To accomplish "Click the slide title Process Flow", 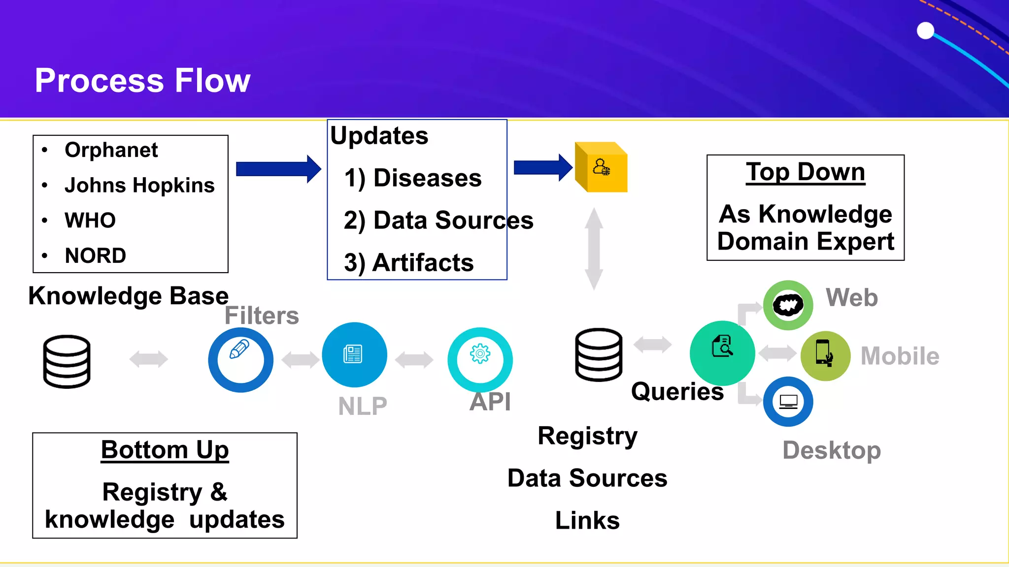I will pos(142,80).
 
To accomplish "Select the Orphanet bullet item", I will pos(111,150).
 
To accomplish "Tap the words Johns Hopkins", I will pos(139,185).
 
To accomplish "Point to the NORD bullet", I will pos(95,255).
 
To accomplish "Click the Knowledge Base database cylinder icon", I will pos(67,361).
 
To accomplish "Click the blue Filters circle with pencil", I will pos(240,359).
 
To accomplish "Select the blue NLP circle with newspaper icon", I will pos(354,354).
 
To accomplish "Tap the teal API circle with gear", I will pos(480,359).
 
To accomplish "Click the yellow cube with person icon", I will pos(602,167).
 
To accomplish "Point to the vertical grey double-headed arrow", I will pos(594,249).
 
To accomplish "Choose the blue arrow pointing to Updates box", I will pos(278,169).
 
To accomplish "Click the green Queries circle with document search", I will pos(722,352).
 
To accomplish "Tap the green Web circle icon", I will pos(788,305).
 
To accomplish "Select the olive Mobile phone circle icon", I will pos(825,355).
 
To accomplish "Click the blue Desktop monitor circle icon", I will pos(788,402).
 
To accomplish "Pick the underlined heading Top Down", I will pos(805,172).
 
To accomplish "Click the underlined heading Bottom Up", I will pos(165,450).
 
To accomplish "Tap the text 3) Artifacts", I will pos(408,262).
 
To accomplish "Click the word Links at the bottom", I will pos(587,520).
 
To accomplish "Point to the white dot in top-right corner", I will pos(925,31).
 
